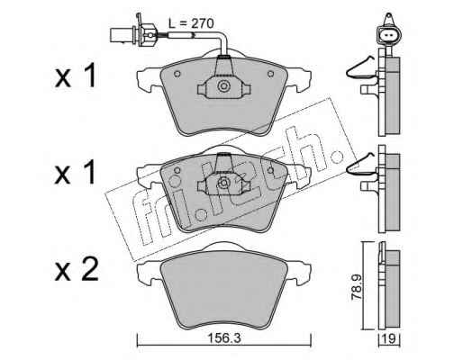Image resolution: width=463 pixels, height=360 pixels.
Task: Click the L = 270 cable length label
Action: [x=191, y=23]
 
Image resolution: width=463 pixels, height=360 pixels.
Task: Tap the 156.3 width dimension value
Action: [x=225, y=338]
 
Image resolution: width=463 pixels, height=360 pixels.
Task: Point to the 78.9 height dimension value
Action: [x=357, y=287]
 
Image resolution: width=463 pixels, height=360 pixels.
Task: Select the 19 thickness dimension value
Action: [x=389, y=339]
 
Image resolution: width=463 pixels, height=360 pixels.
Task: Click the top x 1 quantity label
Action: [x=76, y=76]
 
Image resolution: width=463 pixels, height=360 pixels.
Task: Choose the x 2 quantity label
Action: [x=77, y=270]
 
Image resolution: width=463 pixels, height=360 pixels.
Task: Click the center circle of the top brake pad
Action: [x=223, y=86]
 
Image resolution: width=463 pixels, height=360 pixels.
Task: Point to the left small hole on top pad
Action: [x=177, y=74]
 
